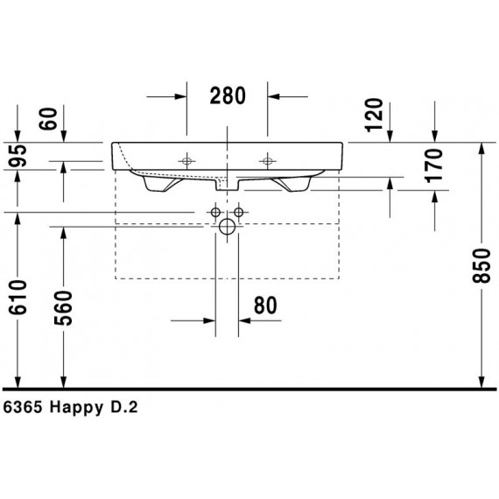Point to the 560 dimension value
(64, 306)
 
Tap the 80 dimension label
(265, 306)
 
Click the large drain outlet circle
(227, 229)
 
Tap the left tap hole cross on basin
(186, 160)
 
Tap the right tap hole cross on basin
(267, 160)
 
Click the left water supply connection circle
(214, 213)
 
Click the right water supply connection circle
(238, 213)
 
